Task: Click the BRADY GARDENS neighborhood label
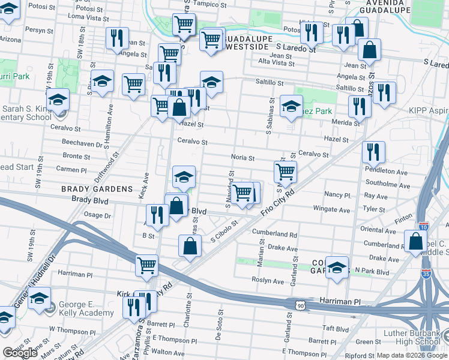97,188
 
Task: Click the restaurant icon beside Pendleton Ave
373,152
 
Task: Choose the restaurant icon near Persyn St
117,38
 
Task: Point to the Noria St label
243,158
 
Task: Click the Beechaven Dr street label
82,143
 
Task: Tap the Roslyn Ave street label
270,281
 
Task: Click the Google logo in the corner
20,353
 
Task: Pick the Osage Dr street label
98,215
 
